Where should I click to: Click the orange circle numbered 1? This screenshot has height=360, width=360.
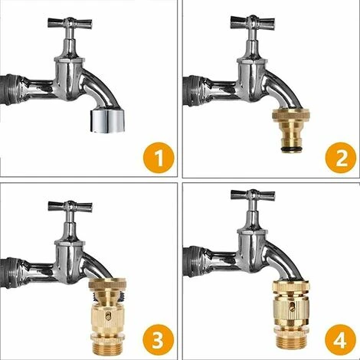[159, 158]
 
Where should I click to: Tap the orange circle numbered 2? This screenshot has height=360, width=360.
[340, 158]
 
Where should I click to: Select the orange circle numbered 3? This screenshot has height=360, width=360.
[159, 339]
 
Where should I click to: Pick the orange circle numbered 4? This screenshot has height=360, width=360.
[340, 339]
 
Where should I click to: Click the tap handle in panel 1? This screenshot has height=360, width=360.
[70, 23]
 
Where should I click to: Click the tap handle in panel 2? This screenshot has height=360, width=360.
[253, 21]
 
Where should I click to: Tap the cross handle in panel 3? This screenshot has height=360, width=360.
[70, 207]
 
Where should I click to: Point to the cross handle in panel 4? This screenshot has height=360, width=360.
[253, 195]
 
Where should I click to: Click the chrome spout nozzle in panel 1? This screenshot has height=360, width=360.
[107, 121]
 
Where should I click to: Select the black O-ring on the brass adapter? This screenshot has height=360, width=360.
[291, 149]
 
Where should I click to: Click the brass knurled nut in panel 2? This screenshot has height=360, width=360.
[291, 114]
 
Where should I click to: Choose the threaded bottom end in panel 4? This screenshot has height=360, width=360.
[291, 342]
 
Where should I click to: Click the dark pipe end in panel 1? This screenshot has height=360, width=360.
[10, 90]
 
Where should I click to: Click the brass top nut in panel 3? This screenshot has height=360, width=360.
[108, 286]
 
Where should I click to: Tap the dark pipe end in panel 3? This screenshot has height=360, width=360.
[10, 273]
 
